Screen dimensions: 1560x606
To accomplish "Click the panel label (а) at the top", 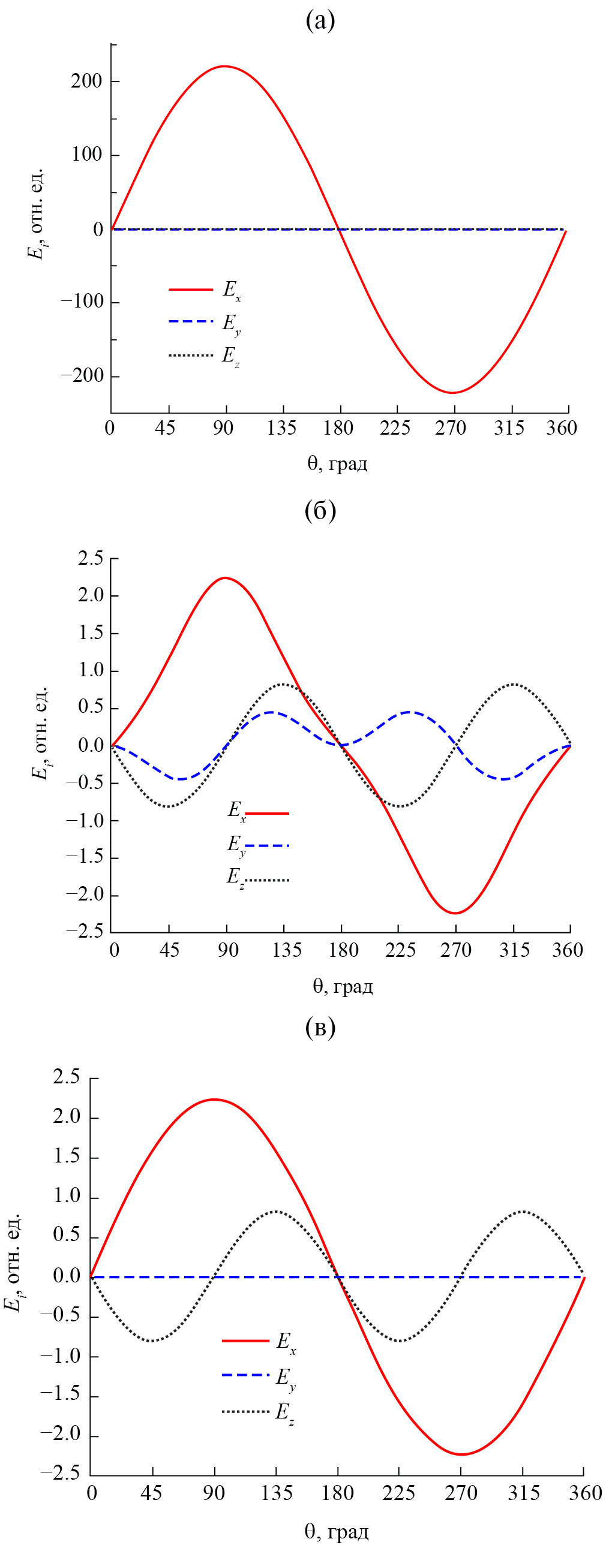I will point(320,21).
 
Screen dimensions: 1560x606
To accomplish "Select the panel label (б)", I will point(320,511).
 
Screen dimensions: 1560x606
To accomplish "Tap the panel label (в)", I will point(320,1027).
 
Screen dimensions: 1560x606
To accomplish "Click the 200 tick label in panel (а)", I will point(86,81).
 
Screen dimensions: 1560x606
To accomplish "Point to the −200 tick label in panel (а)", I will point(82,376).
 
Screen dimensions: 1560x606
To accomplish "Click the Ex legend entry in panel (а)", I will point(206,290).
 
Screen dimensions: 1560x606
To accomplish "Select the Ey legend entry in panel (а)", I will point(206,322).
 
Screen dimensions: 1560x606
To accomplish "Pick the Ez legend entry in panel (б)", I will point(257,879).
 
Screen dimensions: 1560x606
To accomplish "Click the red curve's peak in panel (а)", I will point(225,66).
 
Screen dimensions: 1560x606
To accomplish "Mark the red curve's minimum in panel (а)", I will point(452,393).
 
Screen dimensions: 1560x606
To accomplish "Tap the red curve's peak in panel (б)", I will point(225,578).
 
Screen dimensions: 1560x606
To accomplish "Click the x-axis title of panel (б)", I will point(343,986).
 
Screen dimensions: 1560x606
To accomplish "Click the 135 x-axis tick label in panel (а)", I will point(281,429).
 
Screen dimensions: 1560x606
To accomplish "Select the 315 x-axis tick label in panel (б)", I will point(514,950).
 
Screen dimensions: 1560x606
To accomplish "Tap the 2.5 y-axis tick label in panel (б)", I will point(90,558).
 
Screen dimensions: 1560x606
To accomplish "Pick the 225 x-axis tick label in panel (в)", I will point(399,1493).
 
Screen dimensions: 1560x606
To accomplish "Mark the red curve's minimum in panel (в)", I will point(462,1454).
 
